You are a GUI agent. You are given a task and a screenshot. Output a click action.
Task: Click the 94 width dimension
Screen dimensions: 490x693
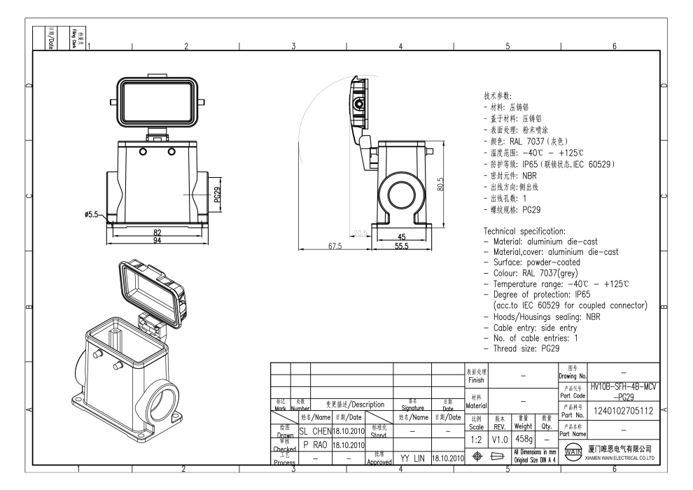157,239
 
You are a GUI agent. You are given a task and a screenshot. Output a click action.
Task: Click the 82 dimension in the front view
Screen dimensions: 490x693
157,232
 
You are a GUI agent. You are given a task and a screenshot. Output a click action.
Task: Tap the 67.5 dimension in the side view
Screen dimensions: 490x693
335,246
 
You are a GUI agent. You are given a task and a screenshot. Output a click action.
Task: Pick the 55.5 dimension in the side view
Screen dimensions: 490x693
400,246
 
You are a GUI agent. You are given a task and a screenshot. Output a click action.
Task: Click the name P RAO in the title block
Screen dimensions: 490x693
305,444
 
